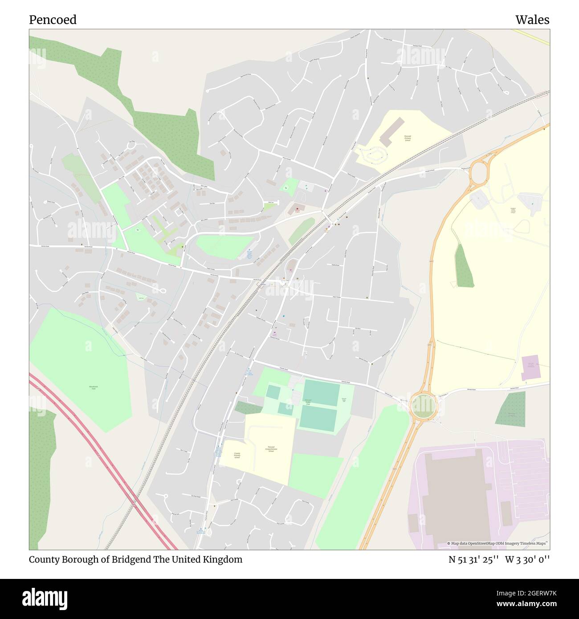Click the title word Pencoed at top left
click(x=53, y=20)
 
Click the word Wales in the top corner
click(x=532, y=20)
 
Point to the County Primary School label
click(x=236, y=455)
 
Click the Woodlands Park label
click(x=93, y=388)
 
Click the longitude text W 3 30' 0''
click(x=527, y=559)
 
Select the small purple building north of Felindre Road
click(x=530, y=368)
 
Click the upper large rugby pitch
click(x=322, y=393)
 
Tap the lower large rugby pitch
click(x=318, y=419)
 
